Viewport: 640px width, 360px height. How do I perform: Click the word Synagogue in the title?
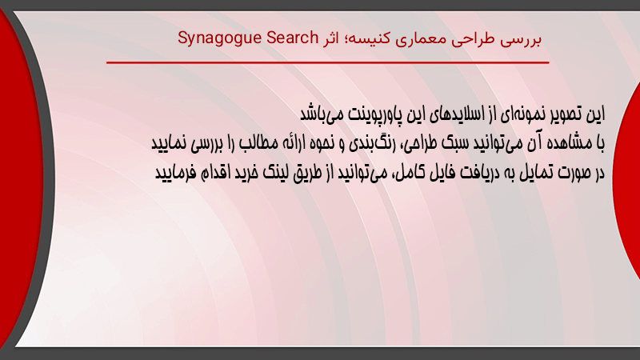click(219, 38)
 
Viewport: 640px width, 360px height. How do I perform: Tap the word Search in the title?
click(292, 38)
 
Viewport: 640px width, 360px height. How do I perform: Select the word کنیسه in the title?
click(367, 38)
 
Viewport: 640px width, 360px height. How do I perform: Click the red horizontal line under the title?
click(328, 62)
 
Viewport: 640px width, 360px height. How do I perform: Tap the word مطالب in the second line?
click(258, 143)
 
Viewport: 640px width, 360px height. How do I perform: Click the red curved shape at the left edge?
click(21, 179)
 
